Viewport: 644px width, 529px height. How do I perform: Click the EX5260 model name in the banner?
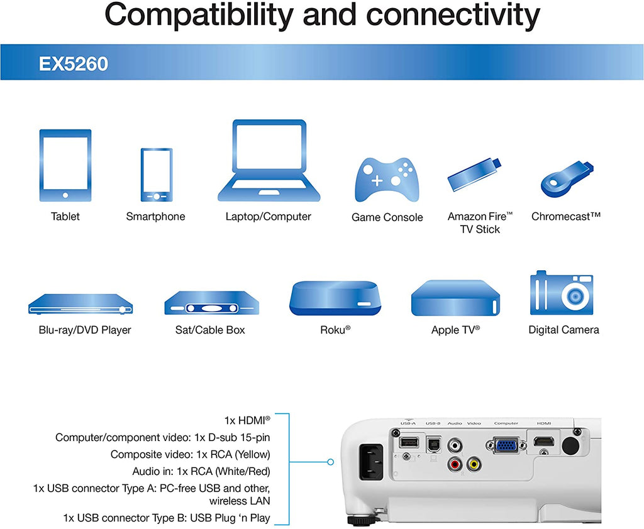(73, 63)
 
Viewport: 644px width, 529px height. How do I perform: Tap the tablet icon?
(65, 165)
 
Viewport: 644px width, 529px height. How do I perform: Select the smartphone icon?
(157, 175)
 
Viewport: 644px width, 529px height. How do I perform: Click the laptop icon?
(269, 160)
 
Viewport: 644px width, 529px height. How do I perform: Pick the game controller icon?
(387, 180)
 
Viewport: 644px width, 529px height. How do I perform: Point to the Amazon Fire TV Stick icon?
(475, 175)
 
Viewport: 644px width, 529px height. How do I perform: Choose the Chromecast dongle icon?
(567, 179)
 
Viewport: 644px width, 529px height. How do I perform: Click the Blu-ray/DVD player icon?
(80, 304)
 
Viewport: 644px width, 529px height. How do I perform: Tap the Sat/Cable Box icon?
(211, 303)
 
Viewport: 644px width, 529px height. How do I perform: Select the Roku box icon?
(335, 298)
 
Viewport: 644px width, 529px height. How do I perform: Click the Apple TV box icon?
(455, 298)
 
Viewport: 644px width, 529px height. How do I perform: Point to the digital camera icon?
(562, 293)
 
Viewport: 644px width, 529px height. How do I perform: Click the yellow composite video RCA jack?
(474, 464)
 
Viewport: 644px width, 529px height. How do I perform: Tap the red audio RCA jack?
(455, 464)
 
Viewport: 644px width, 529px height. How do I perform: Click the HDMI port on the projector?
(543, 442)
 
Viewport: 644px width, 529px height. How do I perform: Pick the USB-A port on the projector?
(409, 442)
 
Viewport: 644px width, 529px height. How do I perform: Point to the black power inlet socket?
(371, 462)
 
